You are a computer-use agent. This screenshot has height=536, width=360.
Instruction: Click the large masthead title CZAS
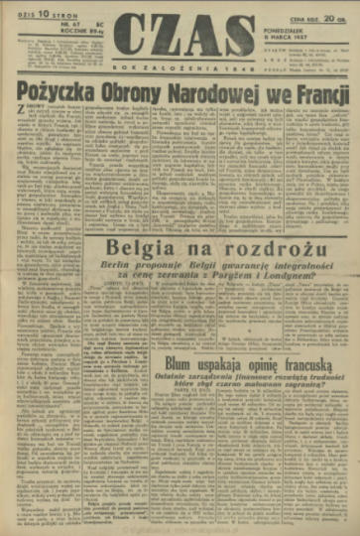179,30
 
